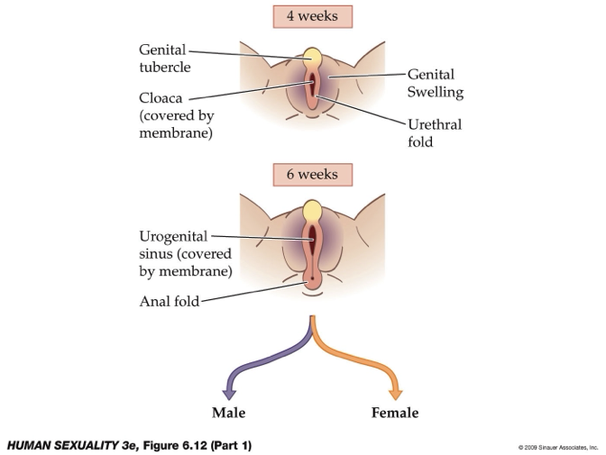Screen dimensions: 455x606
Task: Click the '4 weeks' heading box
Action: coord(312,17)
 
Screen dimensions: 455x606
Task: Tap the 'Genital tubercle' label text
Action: coord(163,56)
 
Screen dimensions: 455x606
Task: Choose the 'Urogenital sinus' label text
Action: coord(186,253)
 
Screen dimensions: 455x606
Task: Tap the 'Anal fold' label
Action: coord(169,303)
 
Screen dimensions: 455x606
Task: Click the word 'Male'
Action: coord(229,413)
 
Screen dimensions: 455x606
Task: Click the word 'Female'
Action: coord(395,413)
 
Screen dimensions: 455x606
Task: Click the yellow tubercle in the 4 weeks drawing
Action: coord(313,59)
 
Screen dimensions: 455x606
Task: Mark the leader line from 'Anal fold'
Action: coord(252,296)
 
